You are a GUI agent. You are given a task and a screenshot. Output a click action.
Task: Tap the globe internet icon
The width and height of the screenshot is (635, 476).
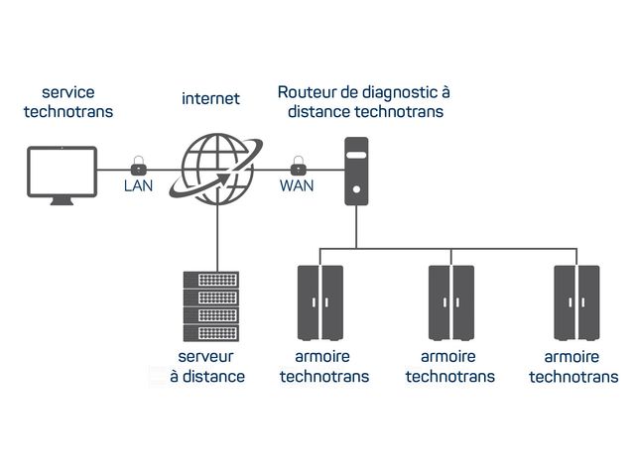tap(215, 169)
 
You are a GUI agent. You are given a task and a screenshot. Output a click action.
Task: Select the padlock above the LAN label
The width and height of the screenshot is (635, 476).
tap(139, 164)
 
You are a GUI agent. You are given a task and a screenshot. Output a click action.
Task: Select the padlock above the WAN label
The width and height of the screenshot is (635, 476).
tap(297, 164)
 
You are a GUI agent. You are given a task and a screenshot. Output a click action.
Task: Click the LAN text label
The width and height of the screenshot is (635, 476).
tap(139, 185)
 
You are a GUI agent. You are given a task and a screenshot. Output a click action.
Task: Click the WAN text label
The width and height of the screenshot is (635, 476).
tap(297, 185)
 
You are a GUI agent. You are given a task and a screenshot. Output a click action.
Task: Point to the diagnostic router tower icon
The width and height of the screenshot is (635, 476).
tap(356, 172)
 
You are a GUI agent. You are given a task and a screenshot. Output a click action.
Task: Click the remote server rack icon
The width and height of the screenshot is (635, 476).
tap(211, 305)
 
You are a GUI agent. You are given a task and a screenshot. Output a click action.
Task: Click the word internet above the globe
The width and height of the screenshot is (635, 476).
tap(210, 98)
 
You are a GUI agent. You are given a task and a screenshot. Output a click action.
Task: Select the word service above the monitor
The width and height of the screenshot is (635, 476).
tap(67, 92)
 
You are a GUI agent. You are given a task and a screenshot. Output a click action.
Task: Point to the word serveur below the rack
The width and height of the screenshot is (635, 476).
tap(207, 357)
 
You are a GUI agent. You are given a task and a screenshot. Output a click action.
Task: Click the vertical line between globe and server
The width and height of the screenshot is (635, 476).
tap(215, 236)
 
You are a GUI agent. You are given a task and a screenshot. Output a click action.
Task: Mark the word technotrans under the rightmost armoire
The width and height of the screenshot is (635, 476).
tap(573, 377)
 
